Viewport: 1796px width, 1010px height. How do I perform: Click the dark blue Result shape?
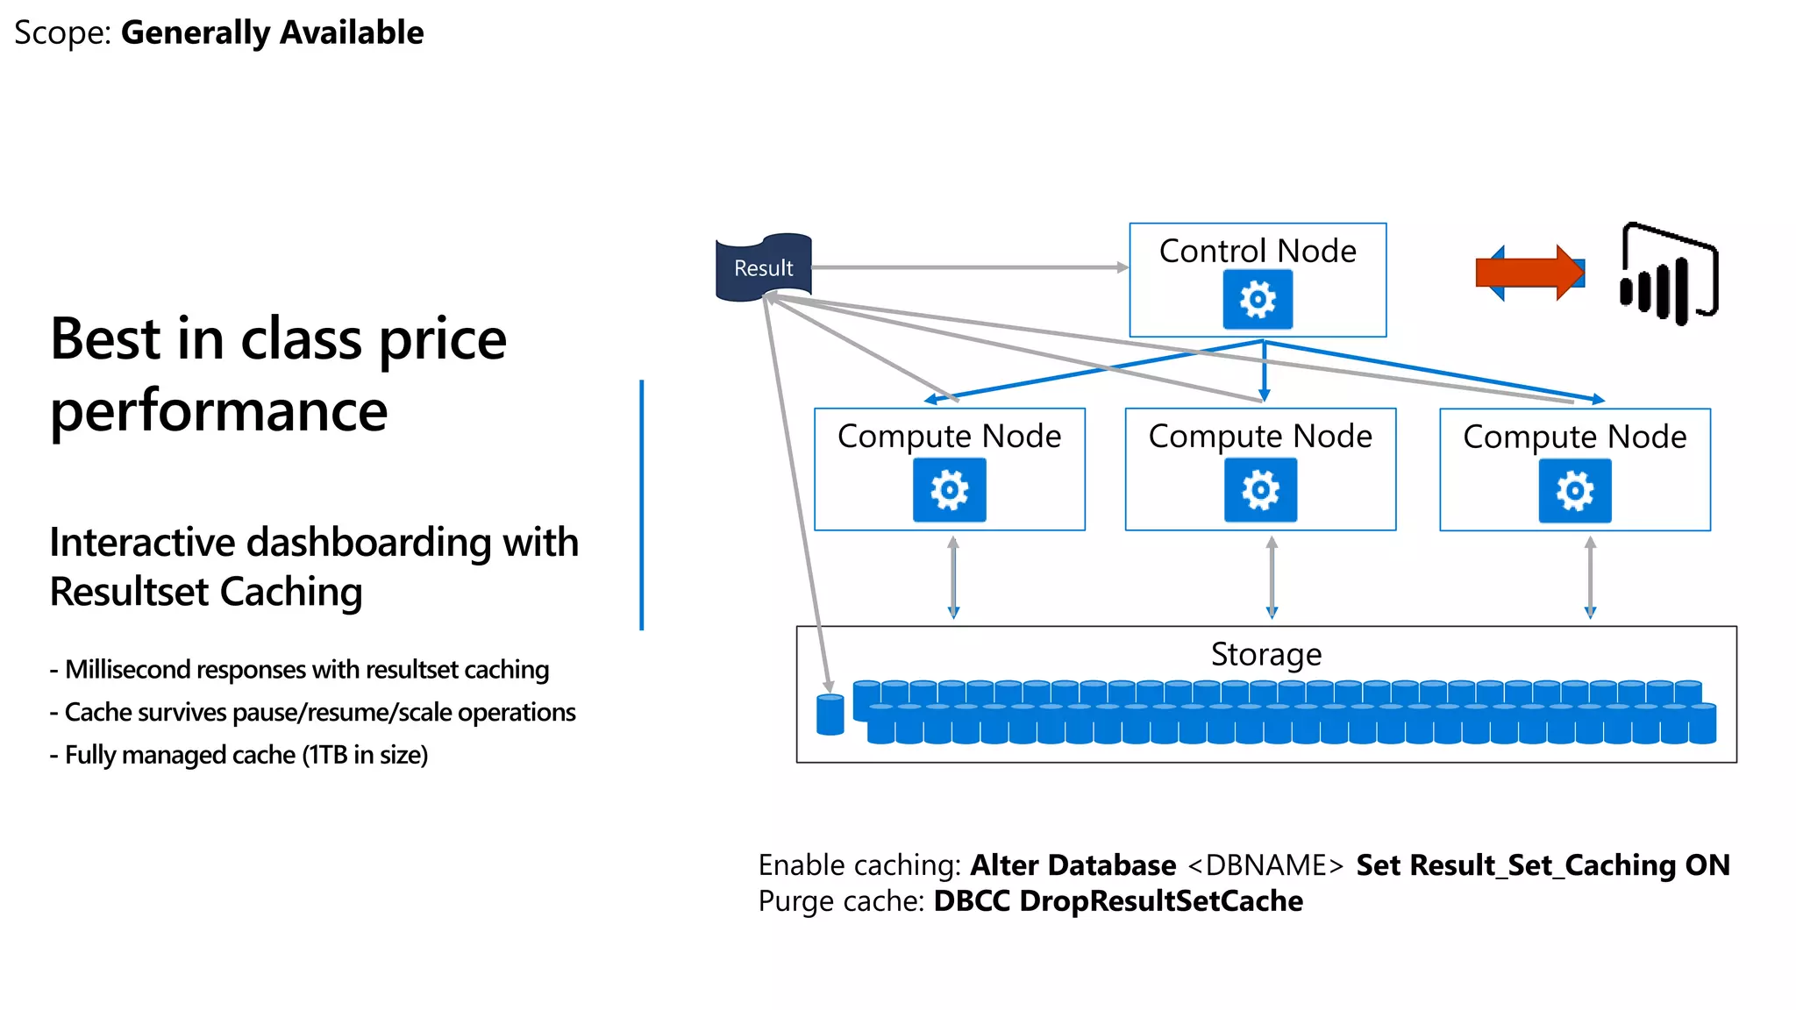[763, 267]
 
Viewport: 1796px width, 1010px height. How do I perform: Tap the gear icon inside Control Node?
[1258, 300]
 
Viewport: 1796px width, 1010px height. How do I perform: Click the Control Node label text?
[1258, 251]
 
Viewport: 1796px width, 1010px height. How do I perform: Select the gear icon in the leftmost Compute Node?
[949, 490]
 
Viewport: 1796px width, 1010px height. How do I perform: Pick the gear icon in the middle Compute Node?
[1260, 490]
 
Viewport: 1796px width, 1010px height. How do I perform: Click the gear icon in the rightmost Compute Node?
[1574, 491]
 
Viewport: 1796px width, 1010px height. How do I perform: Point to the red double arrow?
[1530, 273]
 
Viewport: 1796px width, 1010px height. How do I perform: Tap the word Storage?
[1265, 654]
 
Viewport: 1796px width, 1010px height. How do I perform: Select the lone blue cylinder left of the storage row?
[830, 715]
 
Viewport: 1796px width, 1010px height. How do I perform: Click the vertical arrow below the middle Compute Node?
[1272, 578]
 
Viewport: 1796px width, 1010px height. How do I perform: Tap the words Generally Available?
[272, 32]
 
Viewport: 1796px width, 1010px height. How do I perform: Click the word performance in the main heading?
[218, 410]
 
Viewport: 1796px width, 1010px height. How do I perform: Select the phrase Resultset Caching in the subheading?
[206, 592]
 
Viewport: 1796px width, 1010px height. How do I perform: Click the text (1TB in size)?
[365, 755]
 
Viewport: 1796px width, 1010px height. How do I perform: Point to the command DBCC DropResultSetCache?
[1118, 901]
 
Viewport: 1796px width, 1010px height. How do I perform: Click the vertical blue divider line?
[642, 504]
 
